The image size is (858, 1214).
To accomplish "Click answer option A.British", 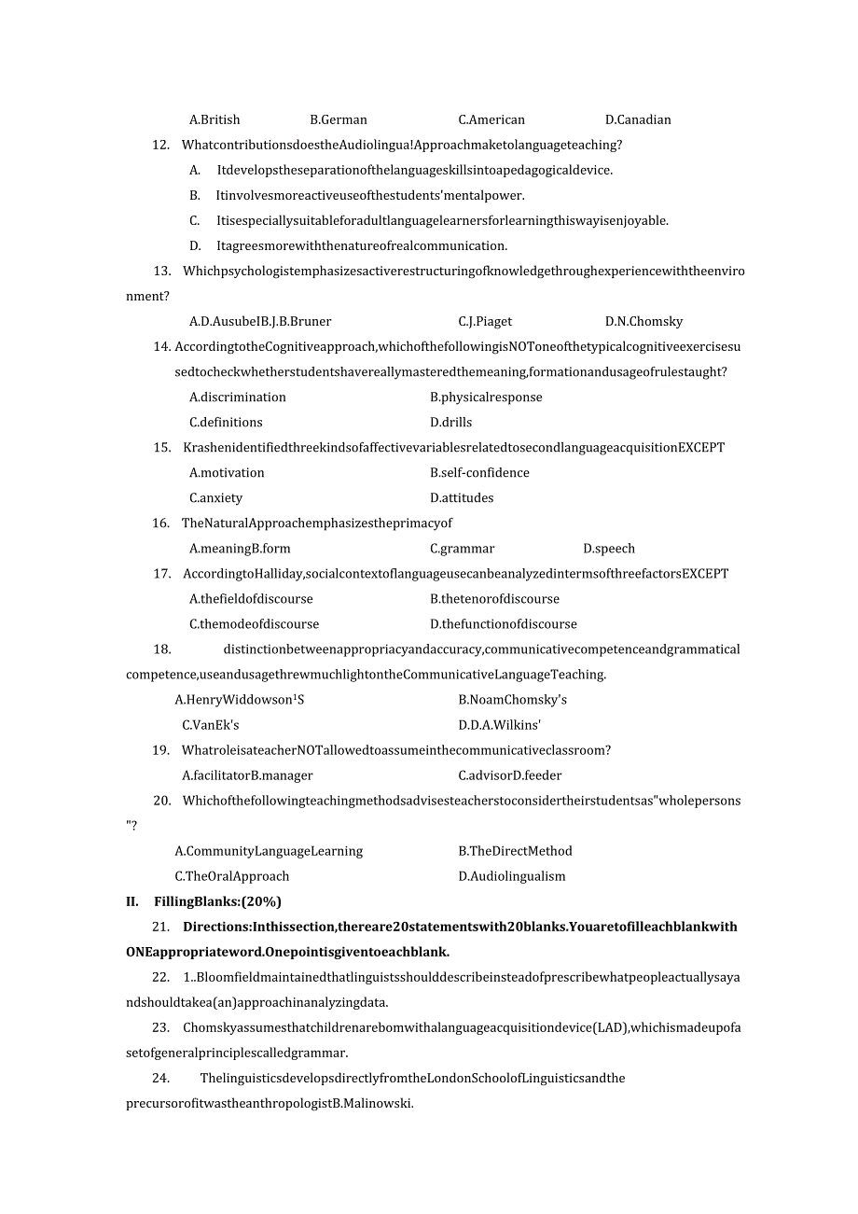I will pyautogui.click(x=214, y=119).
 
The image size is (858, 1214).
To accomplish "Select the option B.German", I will pyautogui.click(x=339, y=119).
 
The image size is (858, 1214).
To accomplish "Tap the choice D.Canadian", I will pyautogui.click(x=638, y=119).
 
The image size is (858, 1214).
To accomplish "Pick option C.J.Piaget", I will pyautogui.click(x=485, y=321).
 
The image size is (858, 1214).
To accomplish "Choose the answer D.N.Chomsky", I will pyautogui.click(x=643, y=321).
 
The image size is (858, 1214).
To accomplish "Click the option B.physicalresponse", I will pyautogui.click(x=486, y=397).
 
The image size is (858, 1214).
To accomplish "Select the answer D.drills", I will pyautogui.click(x=451, y=422).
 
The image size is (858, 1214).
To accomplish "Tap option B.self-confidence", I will pyautogui.click(x=479, y=472).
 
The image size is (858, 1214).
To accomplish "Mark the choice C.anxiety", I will pyautogui.click(x=215, y=497).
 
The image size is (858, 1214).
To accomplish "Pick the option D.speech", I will pyautogui.click(x=609, y=549).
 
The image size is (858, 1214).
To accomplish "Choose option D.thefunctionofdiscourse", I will pyautogui.click(x=504, y=624).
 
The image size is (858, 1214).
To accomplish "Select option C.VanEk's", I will pyautogui.click(x=211, y=725).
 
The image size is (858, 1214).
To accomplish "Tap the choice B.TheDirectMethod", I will pyautogui.click(x=515, y=851).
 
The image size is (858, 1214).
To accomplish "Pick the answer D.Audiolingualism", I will pyautogui.click(x=512, y=876).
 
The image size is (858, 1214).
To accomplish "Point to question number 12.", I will pyautogui.click(x=160, y=145).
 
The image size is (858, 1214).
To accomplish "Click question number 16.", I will pyautogui.click(x=160, y=523).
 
